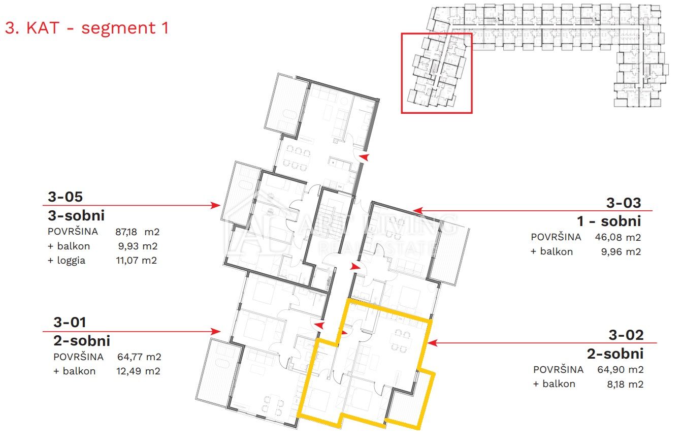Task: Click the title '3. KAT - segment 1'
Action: [87, 28]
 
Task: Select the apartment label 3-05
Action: [65, 197]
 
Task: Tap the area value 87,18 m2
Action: [137, 232]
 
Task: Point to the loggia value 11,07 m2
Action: [136, 260]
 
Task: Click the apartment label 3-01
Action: [70, 323]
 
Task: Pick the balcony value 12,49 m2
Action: [138, 371]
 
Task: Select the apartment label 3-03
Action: [624, 203]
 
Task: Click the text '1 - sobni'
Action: [608, 221]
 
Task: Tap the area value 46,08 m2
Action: [618, 237]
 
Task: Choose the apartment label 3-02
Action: [626, 335]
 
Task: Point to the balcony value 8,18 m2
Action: [625, 384]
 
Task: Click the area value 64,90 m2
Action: [620, 369]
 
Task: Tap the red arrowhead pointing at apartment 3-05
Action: [216, 205]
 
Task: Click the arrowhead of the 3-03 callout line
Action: [418, 210]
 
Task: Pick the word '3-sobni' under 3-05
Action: [76, 215]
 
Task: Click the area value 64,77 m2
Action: [139, 357]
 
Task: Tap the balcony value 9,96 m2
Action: [621, 251]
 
